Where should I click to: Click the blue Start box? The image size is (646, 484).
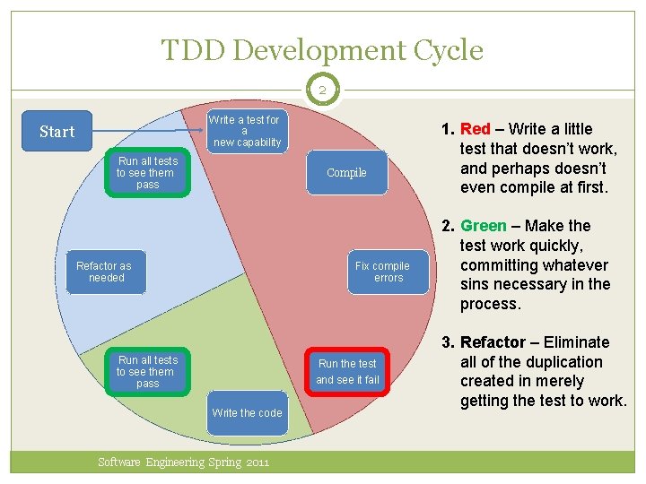(x=57, y=132)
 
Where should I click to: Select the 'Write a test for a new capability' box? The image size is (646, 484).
(x=245, y=131)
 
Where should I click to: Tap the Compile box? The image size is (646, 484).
(x=346, y=173)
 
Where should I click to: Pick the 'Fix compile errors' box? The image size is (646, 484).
(x=381, y=272)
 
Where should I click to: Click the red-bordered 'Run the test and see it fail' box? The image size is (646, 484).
(x=347, y=371)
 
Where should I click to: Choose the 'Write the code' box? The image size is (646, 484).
(x=247, y=413)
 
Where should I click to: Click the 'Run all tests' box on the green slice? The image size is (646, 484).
(x=147, y=371)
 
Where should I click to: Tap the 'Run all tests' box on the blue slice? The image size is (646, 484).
(x=147, y=172)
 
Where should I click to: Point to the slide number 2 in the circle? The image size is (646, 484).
(x=322, y=90)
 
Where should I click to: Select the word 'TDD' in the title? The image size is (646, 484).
(x=194, y=50)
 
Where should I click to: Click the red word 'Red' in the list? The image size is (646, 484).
(x=476, y=129)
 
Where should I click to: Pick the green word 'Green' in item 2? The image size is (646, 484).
(x=483, y=226)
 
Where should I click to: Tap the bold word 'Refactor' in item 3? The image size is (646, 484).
(x=493, y=342)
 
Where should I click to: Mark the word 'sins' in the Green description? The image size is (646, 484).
(x=477, y=284)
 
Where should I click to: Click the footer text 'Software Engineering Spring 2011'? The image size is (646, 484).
(x=183, y=462)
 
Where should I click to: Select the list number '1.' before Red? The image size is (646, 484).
(x=447, y=129)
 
